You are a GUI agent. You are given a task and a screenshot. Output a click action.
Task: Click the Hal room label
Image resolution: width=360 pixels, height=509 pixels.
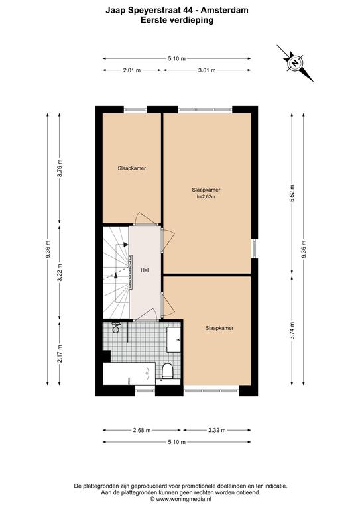145,270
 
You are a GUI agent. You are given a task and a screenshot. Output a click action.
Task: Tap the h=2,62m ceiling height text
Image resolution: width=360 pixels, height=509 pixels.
206,196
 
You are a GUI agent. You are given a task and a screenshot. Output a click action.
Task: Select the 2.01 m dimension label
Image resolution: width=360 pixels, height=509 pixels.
132,70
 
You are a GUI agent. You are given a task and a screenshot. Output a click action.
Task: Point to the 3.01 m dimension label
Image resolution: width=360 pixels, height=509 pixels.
207,70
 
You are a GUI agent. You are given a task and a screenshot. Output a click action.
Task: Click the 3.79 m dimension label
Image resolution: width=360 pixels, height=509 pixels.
60,168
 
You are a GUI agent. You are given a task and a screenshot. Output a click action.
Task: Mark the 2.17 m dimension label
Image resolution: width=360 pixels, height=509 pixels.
60,354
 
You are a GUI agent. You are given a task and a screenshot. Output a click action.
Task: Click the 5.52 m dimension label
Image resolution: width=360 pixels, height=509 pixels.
292,194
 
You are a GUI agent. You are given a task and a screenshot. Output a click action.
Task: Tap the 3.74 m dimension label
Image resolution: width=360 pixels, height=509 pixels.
292,331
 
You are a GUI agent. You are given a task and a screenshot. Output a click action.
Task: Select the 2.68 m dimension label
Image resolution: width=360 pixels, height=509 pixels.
142,430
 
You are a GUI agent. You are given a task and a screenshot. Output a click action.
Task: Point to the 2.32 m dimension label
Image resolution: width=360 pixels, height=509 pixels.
217,430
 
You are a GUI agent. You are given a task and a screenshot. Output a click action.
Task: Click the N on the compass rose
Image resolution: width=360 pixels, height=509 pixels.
295,63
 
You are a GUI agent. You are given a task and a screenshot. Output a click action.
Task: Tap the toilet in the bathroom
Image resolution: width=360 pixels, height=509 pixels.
168,370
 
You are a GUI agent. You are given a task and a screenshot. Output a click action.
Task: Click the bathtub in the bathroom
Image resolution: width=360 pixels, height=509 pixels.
129,373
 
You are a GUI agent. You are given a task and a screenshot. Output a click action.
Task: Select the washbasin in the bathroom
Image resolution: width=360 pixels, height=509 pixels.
174,340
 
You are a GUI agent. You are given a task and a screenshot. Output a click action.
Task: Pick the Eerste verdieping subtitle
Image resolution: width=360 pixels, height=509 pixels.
177,20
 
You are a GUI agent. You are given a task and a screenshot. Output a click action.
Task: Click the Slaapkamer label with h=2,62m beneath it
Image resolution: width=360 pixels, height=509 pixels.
206,190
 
